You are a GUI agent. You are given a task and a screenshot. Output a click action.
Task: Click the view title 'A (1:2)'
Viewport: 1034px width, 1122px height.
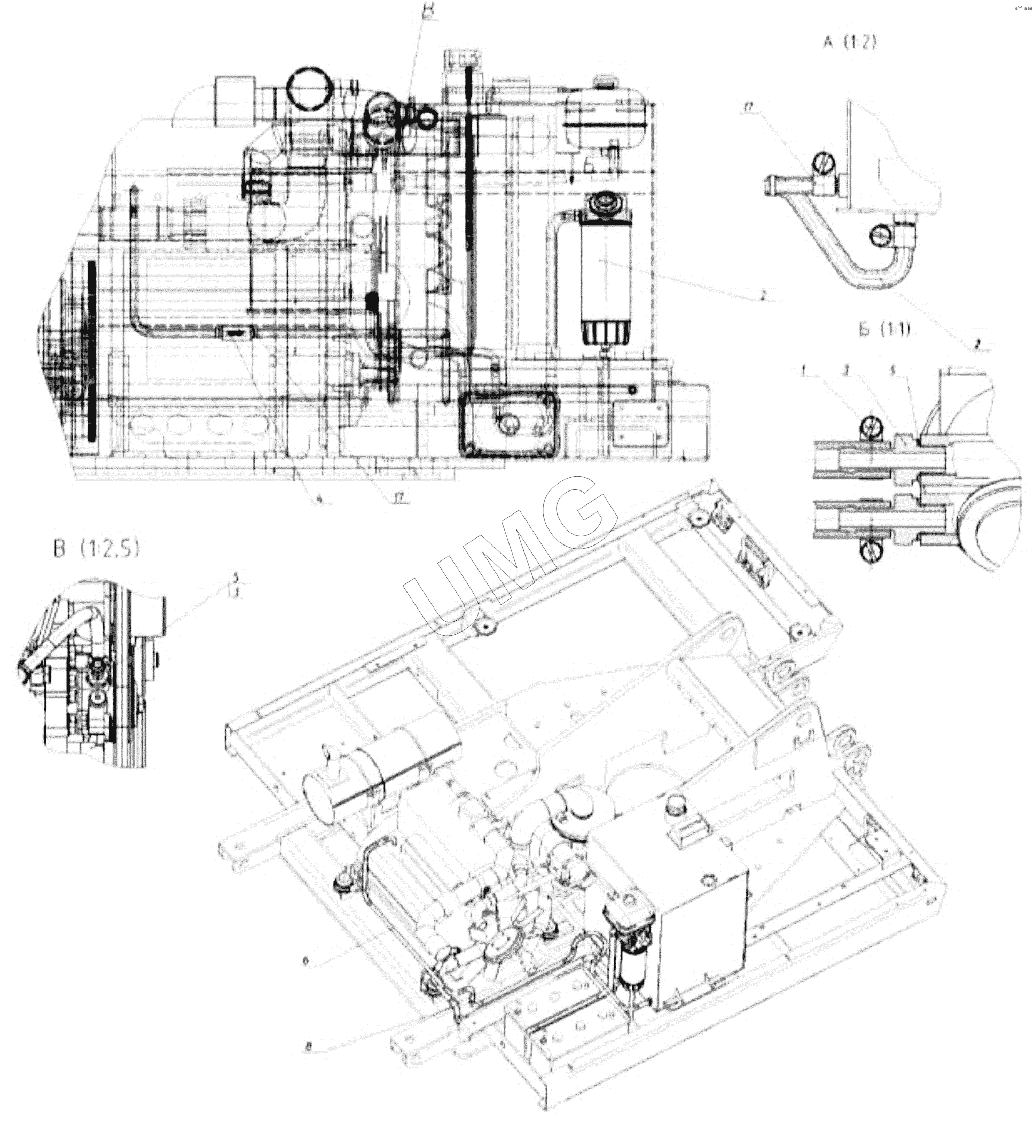849,43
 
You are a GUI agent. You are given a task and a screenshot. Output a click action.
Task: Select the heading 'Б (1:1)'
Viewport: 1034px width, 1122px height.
884,330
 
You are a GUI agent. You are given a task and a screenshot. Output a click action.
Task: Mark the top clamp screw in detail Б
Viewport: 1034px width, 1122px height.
871,427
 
